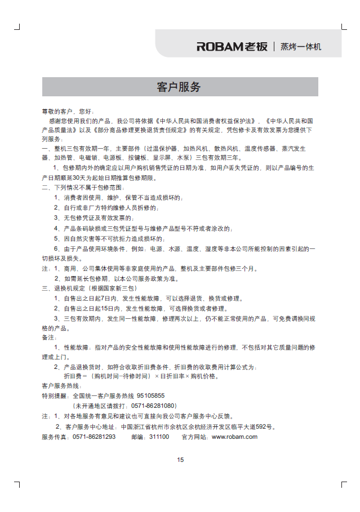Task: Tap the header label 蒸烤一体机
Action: point(301,47)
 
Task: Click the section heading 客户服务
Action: point(179,87)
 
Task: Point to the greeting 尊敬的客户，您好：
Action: point(68,112)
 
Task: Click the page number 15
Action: point(180,459)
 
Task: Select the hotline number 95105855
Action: point(151,395)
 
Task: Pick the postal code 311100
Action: point(159,437)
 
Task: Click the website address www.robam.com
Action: point(234,437)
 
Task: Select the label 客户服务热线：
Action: point(62,386)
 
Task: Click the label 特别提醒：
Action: point(55,395)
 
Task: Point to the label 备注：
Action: point(50,337)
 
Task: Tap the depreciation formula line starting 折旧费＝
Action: point(141,376)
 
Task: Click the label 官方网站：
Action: point(195,437)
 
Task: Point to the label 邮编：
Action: point(140,437)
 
